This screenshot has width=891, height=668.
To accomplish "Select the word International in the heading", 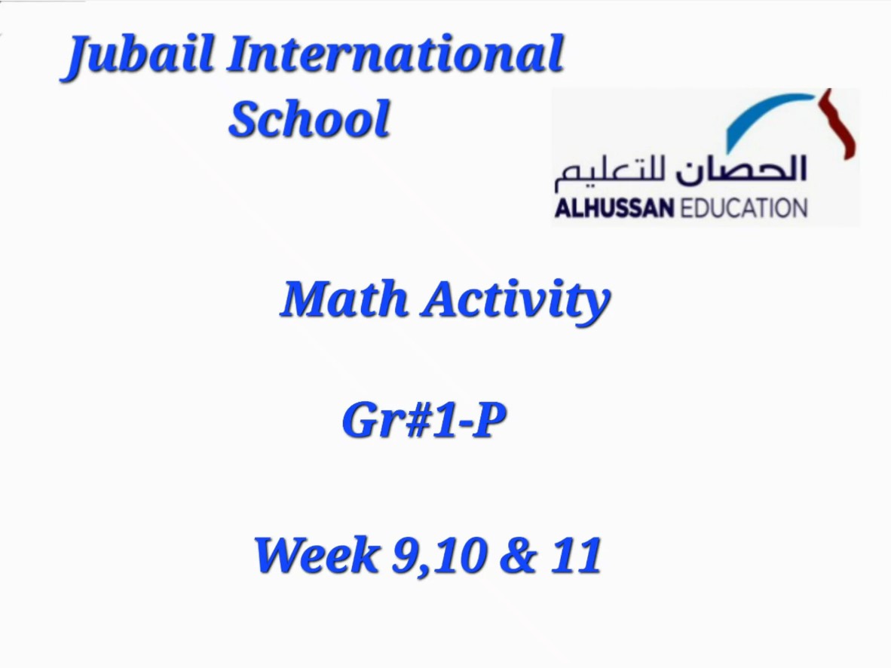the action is click(x=396, y=54).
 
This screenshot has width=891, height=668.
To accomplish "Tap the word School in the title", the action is click(x=310, y=118).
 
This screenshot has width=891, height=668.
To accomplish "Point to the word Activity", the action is click(x=516, y=302).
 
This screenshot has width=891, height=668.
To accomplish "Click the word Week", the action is click(x=317, y=554).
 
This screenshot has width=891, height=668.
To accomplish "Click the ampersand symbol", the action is click(x=518, y=555).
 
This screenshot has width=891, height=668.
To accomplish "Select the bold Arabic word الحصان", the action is click(x=741, y=169).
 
